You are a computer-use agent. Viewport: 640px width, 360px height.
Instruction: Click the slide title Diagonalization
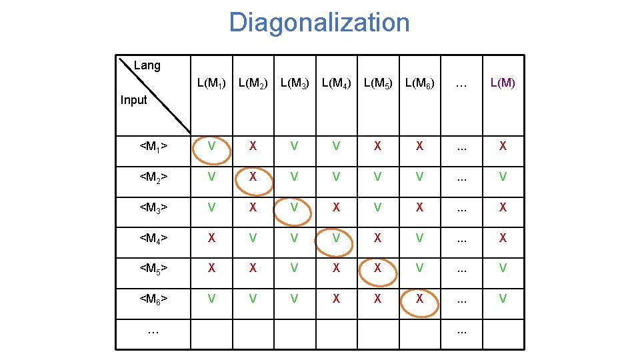coord(319,23)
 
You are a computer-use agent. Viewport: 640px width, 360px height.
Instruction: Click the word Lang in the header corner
coord(147,65)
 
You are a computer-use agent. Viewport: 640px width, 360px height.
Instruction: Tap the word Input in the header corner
coord(133,100)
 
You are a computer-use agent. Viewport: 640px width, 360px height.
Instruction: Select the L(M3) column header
coord(294,84)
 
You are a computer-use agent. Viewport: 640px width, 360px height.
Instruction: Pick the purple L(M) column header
coord(503,84)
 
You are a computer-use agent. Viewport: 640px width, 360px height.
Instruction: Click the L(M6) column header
coord(419,84)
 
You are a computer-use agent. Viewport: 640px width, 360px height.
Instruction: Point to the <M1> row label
coord(153,147)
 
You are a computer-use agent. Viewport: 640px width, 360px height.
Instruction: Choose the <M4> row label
coord(153,238)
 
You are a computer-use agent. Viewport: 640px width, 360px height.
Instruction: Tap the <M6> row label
coord(153,299)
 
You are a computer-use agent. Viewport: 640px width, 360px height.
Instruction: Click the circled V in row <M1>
coord(211,147)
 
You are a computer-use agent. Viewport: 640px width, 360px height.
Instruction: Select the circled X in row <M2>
coord(253,177)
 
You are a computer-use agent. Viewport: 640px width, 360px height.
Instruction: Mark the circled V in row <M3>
coord(294,207)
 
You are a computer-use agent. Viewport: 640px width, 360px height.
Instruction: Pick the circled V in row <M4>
coord(336,238)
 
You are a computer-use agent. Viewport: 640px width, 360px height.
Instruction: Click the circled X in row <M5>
coord(377,269)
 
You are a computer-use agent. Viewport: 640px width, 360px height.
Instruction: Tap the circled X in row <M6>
coord(419,299)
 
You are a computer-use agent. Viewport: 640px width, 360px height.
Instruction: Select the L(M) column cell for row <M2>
coord(503,177)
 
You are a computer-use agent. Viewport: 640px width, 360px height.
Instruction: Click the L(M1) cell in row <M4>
coord(211,238)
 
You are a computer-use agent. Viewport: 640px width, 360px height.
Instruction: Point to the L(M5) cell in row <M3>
coord(377,207)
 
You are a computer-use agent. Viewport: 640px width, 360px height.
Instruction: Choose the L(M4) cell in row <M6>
coord(336,299)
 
